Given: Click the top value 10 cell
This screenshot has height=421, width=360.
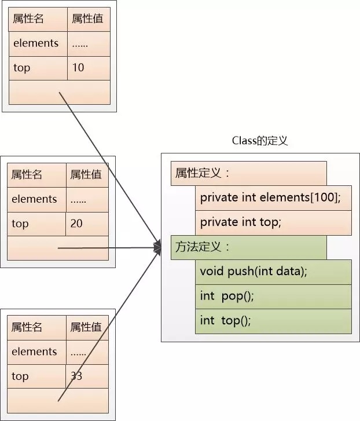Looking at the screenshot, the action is [89, 68].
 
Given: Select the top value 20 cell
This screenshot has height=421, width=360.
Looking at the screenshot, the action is [87, 224].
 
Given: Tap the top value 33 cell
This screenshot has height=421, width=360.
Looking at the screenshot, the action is [87, 376].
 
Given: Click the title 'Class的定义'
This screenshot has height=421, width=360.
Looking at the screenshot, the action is [260, 140].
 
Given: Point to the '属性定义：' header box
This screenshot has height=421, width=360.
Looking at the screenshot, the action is [249, 174].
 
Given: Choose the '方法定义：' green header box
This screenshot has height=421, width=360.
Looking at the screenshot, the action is [249, 247].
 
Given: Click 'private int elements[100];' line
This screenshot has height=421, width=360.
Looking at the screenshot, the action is [273, 198].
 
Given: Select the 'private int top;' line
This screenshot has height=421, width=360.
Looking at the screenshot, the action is [273, 223].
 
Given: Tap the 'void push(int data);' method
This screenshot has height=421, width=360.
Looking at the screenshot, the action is [273, 272].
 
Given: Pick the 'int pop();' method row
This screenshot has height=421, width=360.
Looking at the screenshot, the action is [273, 296].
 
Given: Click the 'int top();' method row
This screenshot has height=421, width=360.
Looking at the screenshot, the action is [273, 321].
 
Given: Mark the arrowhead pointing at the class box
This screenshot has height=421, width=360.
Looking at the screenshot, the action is [157, 247].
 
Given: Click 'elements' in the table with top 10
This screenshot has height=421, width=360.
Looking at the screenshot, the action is [36, 43].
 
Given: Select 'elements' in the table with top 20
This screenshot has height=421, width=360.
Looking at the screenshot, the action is [34, 199].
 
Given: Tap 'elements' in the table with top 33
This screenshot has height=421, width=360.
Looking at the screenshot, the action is [34, 352].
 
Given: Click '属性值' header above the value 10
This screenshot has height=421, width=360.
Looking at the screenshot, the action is [87, 19].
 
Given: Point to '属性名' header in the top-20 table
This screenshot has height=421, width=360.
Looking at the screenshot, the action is [27, 175].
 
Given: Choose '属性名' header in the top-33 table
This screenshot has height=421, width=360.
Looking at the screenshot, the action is [27, 327].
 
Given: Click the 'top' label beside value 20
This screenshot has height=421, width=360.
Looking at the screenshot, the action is [20, 224].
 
